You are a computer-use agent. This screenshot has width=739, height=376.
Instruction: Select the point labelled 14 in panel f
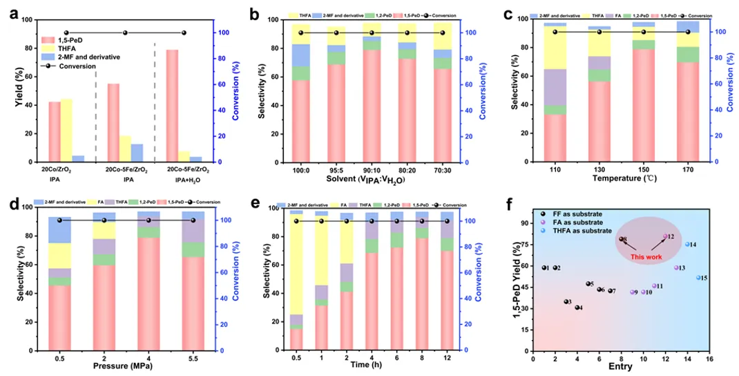[687, 244]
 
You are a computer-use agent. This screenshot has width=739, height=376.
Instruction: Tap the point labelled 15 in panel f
[698, 278]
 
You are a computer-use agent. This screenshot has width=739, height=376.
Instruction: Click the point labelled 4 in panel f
[577, 308]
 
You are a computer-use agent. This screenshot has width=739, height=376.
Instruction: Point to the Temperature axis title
[620, 178]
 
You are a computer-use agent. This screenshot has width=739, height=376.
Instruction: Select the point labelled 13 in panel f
[676, 267]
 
